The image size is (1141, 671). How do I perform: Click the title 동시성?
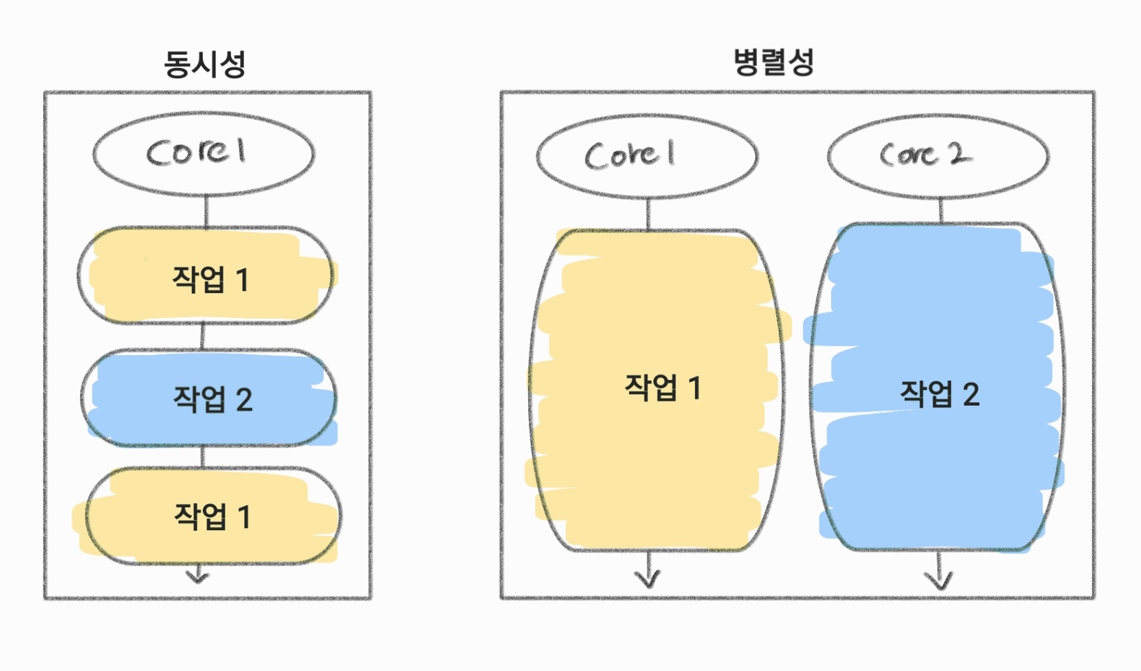tap(205, 65)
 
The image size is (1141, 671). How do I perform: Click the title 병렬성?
tap(773, 63)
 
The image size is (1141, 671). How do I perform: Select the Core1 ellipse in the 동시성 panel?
tap(203, 154)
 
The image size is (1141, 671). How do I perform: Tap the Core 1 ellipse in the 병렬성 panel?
tap(647, 156)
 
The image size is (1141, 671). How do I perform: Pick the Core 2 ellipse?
tap(938, 156)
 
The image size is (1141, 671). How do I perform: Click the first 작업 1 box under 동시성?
tap(205, 276)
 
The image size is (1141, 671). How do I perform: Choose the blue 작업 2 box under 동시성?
tap(209, 398)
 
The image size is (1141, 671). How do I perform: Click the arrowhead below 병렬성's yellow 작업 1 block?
tap(648, 578)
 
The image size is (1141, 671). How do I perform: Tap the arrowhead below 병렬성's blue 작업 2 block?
tap(938, 579)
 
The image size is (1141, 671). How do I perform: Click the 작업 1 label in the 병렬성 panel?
tap(663, 388)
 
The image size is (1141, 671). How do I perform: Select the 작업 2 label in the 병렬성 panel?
tap(940, 394)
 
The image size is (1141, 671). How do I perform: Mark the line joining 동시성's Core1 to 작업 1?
tap(205, 211)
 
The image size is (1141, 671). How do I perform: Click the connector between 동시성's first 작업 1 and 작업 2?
tap(203, 336)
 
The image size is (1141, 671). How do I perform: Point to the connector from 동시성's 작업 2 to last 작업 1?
tap(203, 456)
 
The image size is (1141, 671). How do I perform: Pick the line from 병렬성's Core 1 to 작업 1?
tap(648, 214)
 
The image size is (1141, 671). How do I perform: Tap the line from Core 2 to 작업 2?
tap(940, 210)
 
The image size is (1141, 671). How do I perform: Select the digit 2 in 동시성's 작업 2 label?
tap(244, 400)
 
